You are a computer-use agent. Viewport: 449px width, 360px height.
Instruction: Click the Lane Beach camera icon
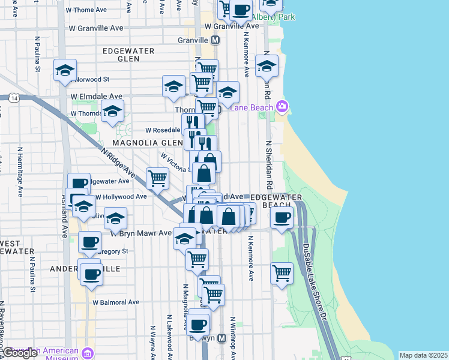coord(282,107)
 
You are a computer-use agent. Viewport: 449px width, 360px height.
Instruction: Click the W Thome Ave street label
coord(91,10)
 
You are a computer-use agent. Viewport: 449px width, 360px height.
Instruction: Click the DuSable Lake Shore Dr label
coord(315,282)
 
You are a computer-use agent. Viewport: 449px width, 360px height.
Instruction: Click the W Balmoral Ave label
coord(115,302)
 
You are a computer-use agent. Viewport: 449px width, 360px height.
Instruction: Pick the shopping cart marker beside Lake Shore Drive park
coord(282,272)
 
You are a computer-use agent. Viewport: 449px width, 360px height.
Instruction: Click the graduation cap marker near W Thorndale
coord(112,110)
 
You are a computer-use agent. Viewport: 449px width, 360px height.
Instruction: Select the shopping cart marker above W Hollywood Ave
coord(157,178)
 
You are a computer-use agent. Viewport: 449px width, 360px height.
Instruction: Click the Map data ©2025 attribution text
coord(423,355)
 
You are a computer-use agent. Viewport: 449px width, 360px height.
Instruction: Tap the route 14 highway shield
coord(13,97)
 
